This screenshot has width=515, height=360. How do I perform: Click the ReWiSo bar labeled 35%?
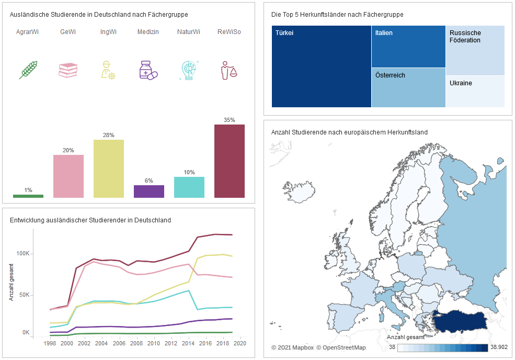[229, 161]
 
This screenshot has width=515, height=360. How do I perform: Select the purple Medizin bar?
[149, 192]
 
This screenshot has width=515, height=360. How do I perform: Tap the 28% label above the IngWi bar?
[108, 135]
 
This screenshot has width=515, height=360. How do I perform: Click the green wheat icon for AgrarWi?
[28, 70]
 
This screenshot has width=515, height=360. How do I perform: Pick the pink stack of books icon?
[68, 70]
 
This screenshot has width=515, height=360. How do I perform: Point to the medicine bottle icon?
[148, 70]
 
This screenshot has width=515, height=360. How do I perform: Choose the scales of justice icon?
[229, 70]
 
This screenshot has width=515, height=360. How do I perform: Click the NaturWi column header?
[189, 32]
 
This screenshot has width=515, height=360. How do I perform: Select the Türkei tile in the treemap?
[322, 66]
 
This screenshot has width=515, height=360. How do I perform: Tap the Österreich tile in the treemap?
[408, 88]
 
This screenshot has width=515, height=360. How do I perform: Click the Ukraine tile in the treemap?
[475, 92]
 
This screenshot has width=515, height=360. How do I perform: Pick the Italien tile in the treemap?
[408, 47]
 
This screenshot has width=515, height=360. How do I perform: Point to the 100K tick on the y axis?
[23, 253]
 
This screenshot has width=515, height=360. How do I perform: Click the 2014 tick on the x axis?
[188, 343]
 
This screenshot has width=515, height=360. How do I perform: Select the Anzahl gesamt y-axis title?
[12, 282]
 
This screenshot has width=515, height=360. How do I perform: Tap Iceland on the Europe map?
[299, 192]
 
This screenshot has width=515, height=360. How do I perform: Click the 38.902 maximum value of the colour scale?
[499, 347]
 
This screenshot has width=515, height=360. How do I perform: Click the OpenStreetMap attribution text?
[341, 347]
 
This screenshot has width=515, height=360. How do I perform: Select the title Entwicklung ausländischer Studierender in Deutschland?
[90, 220]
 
